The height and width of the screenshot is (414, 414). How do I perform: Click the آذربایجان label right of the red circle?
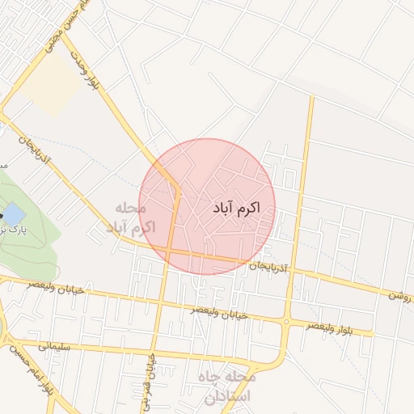point(267,264)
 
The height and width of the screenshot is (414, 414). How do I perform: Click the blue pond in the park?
point(13,214)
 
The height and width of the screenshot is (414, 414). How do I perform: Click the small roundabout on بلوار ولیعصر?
point(286,322)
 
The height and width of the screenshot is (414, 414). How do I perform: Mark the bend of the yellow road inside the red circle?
point(177,190)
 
